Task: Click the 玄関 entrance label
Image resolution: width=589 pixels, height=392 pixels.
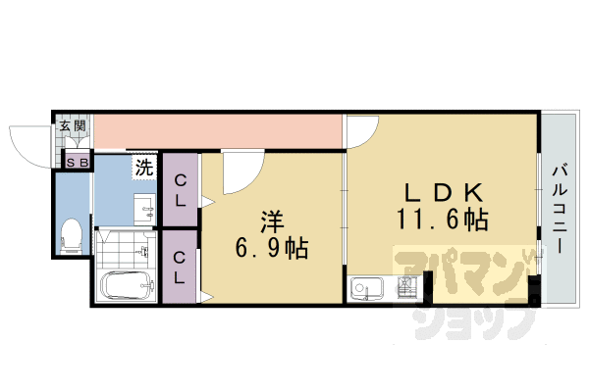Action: click(72, 125)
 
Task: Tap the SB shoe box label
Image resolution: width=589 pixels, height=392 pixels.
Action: click(77, 162)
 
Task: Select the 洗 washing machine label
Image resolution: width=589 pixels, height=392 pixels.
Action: click(144, 167)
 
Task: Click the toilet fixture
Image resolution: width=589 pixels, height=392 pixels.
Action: click(70, 234)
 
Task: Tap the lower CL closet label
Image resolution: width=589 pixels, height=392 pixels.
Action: click(181, 268)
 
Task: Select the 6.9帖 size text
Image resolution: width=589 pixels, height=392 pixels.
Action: click(272, 249)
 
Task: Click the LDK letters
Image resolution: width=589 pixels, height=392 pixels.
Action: click(443, 190)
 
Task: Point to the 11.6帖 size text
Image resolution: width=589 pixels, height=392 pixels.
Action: click(443, 219)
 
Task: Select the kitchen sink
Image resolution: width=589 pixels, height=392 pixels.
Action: click(367, 289)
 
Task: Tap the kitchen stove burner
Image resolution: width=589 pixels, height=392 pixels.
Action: click(405, 289)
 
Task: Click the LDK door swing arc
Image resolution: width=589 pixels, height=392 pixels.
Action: click(360, 129)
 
